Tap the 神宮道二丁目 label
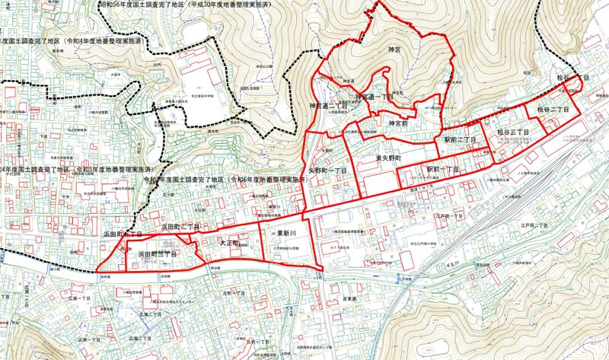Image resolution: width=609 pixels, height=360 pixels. click(326, 105)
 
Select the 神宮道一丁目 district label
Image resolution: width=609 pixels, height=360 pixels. click(375, 97)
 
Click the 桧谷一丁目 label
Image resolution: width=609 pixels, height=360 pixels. click(574, 78)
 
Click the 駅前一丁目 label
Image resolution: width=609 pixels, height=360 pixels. click(442, 167)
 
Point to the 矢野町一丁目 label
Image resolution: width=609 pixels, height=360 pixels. click(327, 170)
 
